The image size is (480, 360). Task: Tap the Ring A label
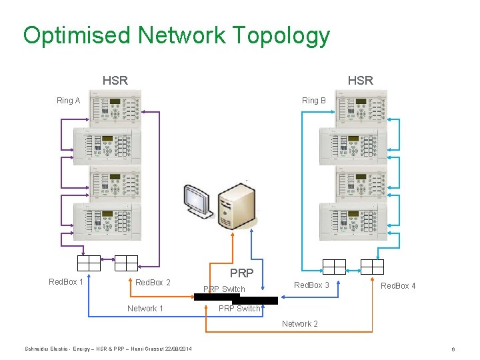(68, 101)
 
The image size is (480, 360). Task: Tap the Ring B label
(314, 101)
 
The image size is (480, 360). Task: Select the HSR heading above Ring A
(115, 81)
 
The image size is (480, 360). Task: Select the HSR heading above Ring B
(361, 81)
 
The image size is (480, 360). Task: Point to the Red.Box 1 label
(66, 281)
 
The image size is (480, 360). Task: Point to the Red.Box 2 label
(153, 283)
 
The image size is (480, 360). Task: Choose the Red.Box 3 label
(312, 285)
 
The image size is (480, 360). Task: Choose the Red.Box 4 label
(398, 286)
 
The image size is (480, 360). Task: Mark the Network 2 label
(299, 324)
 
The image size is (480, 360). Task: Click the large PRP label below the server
(241, 273)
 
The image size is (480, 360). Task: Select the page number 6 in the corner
(453, 349)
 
